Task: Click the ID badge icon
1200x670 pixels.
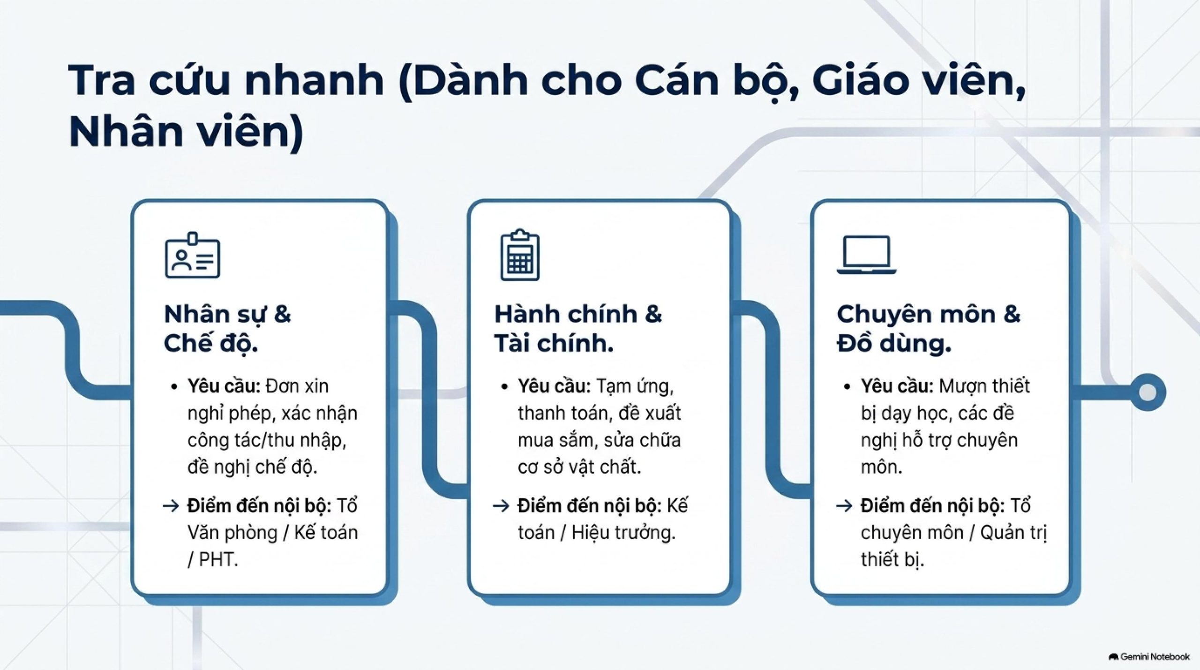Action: (192, 255)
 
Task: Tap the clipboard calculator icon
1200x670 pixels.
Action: (520, 255)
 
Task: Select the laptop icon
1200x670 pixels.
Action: (867, 255)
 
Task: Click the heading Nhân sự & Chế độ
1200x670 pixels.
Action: (227, 329)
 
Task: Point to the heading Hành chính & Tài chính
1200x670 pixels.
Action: (578, 329)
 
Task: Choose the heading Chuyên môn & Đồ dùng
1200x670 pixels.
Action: (929, 329)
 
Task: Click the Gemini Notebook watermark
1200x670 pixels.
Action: (1149, 656)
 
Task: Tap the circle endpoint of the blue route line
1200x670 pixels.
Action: (1147, 392)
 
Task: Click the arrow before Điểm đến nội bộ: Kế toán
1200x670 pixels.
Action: (501, 506)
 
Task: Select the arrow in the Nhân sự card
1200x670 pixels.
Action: (171, 506)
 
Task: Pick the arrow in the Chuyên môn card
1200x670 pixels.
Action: (844, 506)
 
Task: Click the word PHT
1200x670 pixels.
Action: (218, 559)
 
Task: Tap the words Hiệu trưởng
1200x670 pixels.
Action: (623, 533)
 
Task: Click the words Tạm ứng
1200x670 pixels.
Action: (635, 386)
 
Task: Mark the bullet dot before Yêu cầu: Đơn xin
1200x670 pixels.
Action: (175, 387)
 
